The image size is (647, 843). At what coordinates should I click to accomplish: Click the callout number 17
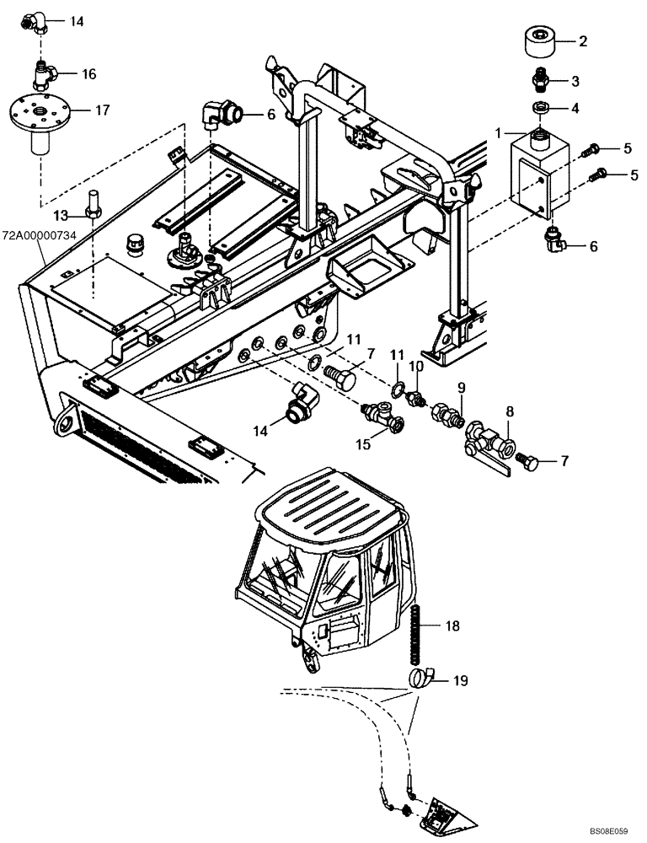(104, 110)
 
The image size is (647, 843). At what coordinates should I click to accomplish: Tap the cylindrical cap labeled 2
(540, 40)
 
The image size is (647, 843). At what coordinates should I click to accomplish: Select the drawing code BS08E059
(614, 830)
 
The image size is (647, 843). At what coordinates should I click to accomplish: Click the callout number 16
(89, 74)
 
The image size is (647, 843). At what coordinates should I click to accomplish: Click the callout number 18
(452, 626)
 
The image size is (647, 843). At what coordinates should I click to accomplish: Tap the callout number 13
(61, 215)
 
